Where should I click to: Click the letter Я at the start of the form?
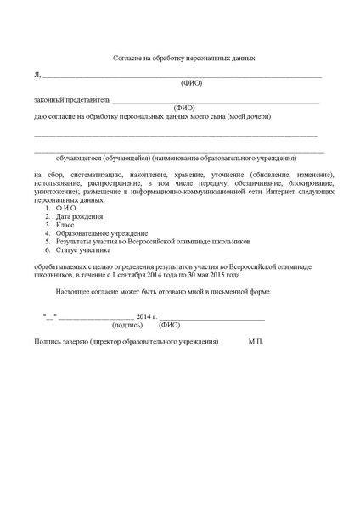(37, 75)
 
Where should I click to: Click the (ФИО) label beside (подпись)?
(169, 324)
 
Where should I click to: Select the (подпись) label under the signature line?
(127, 324)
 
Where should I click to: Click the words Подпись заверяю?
(60, 340)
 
